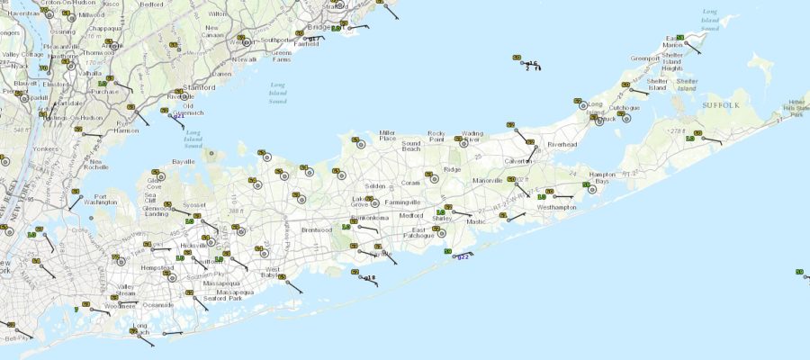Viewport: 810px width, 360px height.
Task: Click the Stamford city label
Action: pyautogui.click(x=202, y=88)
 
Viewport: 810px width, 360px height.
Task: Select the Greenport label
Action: pyautogui.click(x=620, y=58)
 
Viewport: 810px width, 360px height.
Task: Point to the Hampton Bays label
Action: pyautogui.click(x=602, y=177)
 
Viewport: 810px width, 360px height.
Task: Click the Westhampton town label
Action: pyautogui.click(x=555, y=207)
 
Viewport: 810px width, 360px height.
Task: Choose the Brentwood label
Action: pyautogui.click(x=317, y=229)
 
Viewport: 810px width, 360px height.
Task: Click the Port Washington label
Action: pyautogui.click(x=107, y=201)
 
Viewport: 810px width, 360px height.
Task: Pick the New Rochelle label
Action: pyautogui.click(x=95, y=164)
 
